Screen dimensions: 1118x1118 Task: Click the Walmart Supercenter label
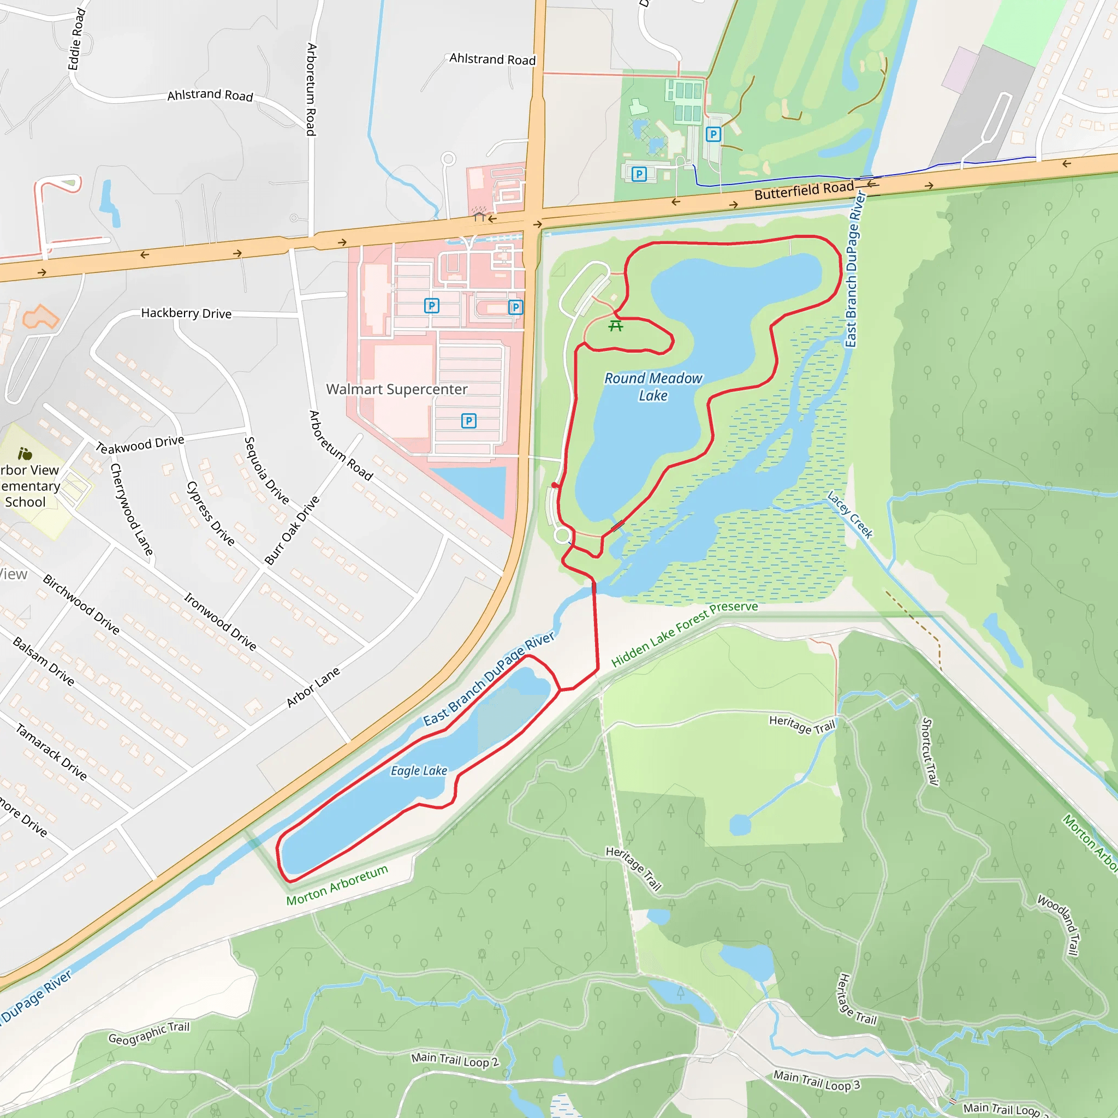coord(396,389)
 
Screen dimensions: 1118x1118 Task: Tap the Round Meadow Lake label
coord(653,386)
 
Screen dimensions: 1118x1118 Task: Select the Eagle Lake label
coord(419,771)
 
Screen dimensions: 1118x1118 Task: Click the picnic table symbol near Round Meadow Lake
coord(616,326)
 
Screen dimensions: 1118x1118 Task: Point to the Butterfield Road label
coord(804,190)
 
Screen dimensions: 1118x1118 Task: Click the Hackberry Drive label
coord(186,313)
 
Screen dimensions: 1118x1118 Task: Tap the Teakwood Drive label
coord(140,444)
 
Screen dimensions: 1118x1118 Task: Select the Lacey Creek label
coord(849,514)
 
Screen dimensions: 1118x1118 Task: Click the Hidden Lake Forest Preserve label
coord(684,634)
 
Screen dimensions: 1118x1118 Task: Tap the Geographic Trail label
coord(148,1033)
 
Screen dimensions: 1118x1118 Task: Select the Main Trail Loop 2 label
coord(455,1060)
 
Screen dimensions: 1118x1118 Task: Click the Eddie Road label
coord(77,39)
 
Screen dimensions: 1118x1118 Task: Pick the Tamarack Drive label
coord(51,752)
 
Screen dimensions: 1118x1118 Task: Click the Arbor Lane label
coord(313,687)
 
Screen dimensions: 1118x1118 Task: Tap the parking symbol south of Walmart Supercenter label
coord(469,421)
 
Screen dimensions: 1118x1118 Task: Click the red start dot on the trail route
coord(555,485)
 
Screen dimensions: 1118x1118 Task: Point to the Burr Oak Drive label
coord(292,530)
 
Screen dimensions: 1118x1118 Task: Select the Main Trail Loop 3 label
coord(817,1080)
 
